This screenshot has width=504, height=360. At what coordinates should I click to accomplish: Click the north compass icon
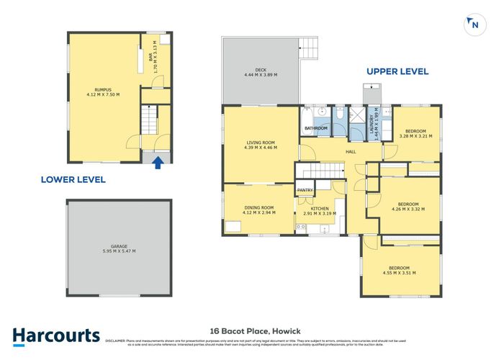point(473,24)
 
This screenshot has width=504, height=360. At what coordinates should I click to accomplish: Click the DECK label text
point(260,72)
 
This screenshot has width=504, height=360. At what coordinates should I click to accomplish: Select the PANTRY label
point(305,190)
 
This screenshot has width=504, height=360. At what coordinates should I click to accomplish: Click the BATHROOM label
point(315,128)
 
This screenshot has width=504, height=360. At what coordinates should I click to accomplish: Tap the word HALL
point(351,152)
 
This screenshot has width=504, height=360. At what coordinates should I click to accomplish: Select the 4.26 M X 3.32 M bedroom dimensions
point(408,209)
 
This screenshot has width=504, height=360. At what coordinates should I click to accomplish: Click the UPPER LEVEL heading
point(397,71)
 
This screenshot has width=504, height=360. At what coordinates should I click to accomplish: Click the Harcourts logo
point(56,336)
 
